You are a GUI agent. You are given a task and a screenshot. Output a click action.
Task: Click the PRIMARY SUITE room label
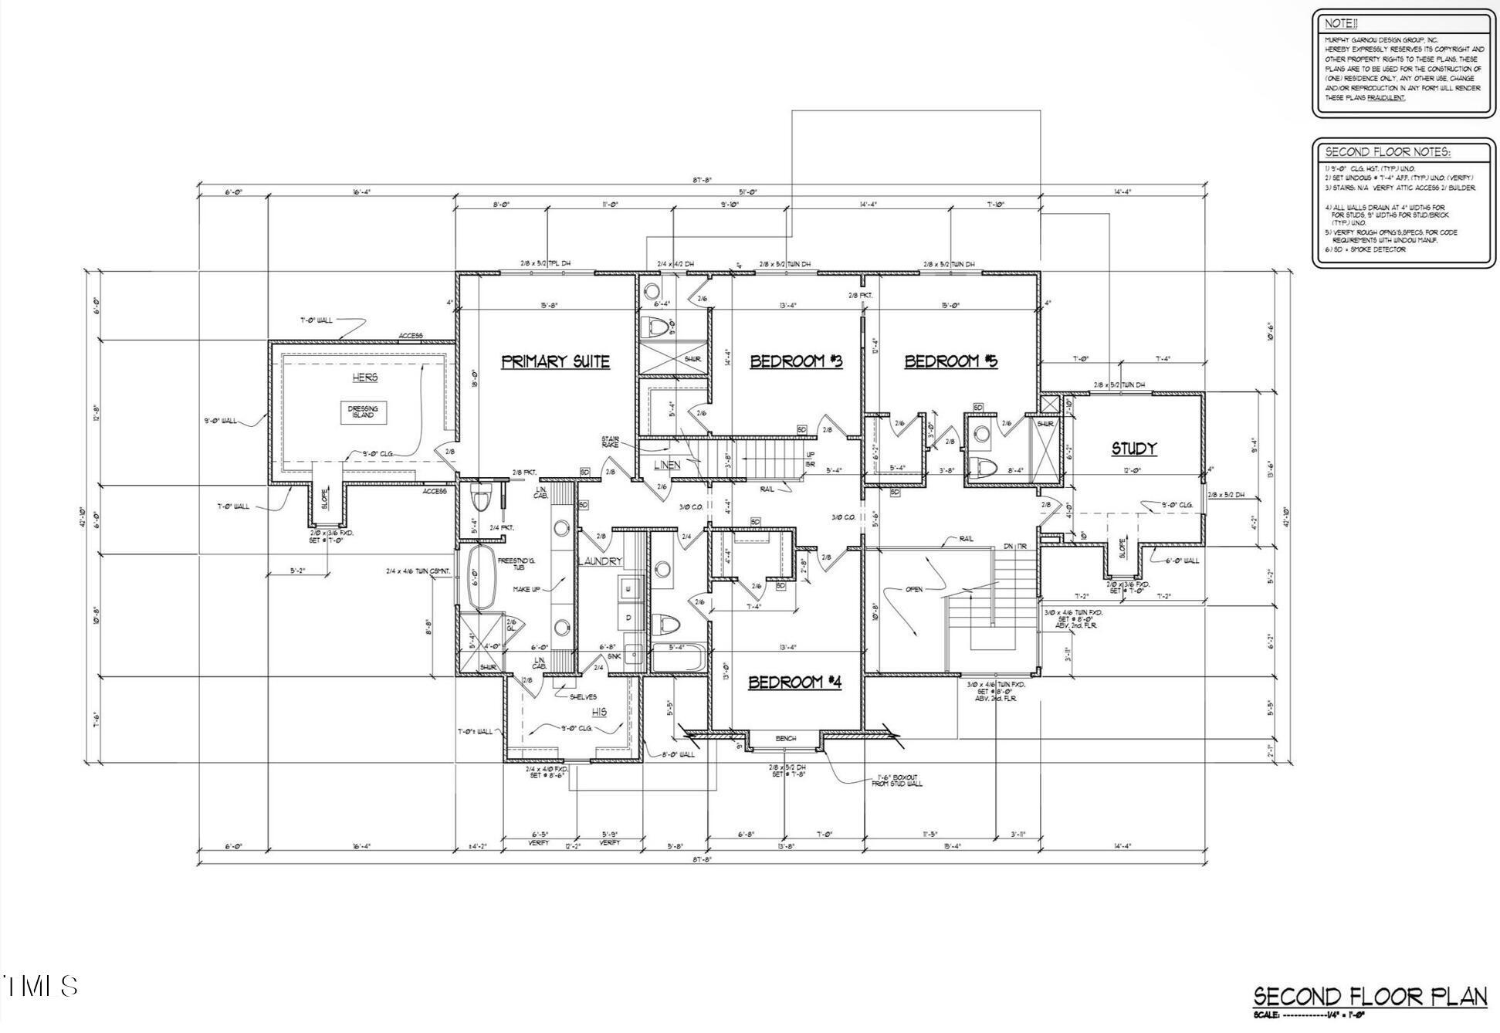[x=555, y=361]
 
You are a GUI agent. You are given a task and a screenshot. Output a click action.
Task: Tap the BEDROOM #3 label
[x=795, y=361]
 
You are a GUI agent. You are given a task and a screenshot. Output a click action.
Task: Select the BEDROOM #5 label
[x=950, y=361]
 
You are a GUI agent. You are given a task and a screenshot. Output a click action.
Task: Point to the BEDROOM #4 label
[x=794, y=682]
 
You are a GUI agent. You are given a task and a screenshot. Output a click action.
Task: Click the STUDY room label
[x=1133, y=448]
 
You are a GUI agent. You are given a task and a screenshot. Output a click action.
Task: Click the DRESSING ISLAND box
[x=363, y=412]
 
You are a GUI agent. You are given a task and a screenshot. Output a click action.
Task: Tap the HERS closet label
[x=365, y=377]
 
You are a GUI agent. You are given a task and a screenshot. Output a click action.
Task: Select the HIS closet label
[x=599, y=712]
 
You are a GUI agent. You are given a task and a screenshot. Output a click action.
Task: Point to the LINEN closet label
[x=667, y=465]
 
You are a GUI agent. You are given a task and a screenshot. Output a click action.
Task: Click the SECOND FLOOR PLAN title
[x=1370, y=997]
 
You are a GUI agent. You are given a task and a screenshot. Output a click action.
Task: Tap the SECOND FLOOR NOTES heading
[x=1387, y=152]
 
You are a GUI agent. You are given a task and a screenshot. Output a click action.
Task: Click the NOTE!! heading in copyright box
[x=1341, y=23]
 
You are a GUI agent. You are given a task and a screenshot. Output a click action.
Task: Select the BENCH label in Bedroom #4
[x=785, y=739]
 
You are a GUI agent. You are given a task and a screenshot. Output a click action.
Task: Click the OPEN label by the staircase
[x=913, y=589]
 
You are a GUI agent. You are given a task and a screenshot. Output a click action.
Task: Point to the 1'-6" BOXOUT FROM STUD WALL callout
[x=896, y=780]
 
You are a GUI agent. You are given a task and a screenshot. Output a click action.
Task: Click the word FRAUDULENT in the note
[x=1387, y=98]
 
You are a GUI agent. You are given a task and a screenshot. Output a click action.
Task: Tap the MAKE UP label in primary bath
[x=526, y=589]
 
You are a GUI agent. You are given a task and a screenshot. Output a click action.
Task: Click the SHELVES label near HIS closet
[x=584, y=696]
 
